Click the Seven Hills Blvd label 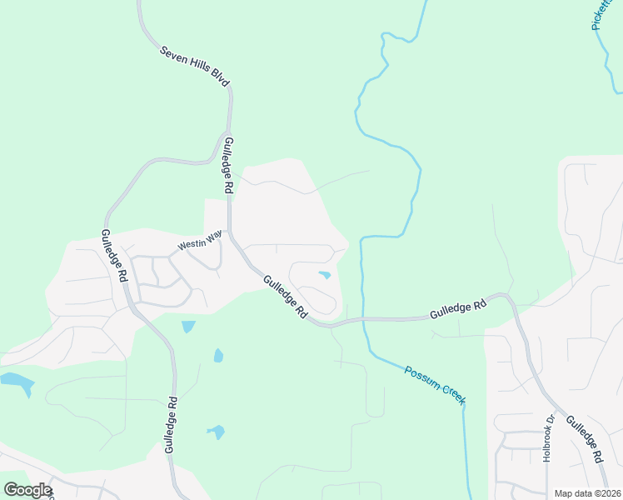(195, 63)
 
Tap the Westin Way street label (199, 242)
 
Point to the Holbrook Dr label (548, 439)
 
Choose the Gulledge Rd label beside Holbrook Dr (585, 440)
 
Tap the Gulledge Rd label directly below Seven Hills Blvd (227, 167)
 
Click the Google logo (27, 490)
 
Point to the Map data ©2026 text (586, 493)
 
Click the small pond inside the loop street (324, 275)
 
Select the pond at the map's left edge (17, 383)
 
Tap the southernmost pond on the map (216, 432)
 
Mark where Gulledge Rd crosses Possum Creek (363, 318)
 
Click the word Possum (421, 377)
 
